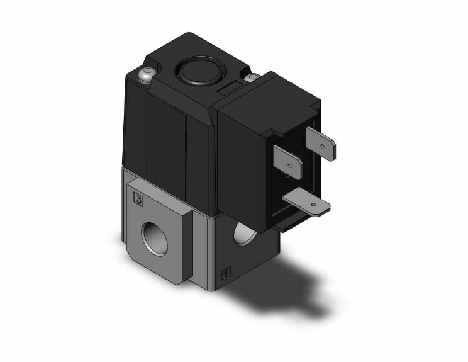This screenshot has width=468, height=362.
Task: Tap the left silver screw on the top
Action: coord(145,76)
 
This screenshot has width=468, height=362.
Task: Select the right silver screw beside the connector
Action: coord(253,78)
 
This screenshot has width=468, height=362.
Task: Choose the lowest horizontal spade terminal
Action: coord(308,204)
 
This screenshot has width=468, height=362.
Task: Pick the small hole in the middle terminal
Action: coord(289,166)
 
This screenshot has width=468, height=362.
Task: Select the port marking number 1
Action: coord(226,274)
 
